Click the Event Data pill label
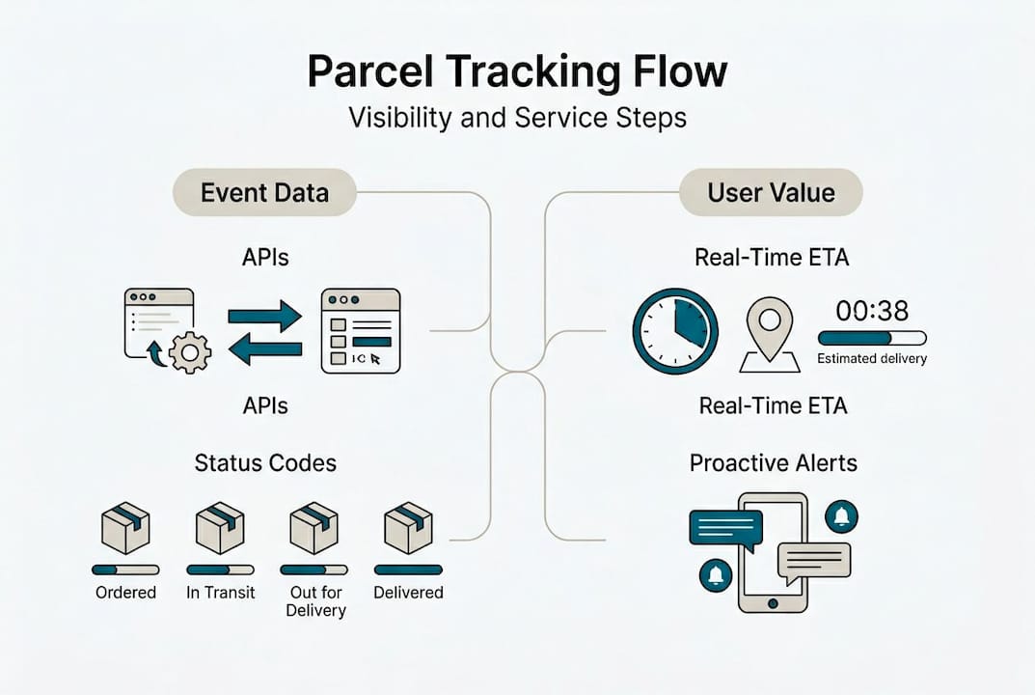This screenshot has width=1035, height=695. [264, 192]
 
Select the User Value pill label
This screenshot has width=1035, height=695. [771, 192]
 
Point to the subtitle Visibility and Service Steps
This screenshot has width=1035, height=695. [517, 118]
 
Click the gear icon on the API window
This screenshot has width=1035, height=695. [189, 352]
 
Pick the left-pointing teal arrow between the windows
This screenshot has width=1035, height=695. [265, 349]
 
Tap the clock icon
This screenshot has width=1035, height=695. [675, 331]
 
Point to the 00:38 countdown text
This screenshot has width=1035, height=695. [871, 310]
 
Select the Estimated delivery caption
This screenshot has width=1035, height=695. [872, 359]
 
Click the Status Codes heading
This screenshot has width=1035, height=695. [265, 462]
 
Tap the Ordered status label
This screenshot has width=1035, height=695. [125, 593]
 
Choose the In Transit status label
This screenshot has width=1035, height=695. [221, 593]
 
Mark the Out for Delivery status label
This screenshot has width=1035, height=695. [315, 601]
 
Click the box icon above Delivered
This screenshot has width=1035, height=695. [408, 527]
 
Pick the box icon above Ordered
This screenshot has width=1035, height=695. [125, 527]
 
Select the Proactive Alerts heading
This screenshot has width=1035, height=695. [773, 462]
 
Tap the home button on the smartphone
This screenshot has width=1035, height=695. [772, 602]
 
